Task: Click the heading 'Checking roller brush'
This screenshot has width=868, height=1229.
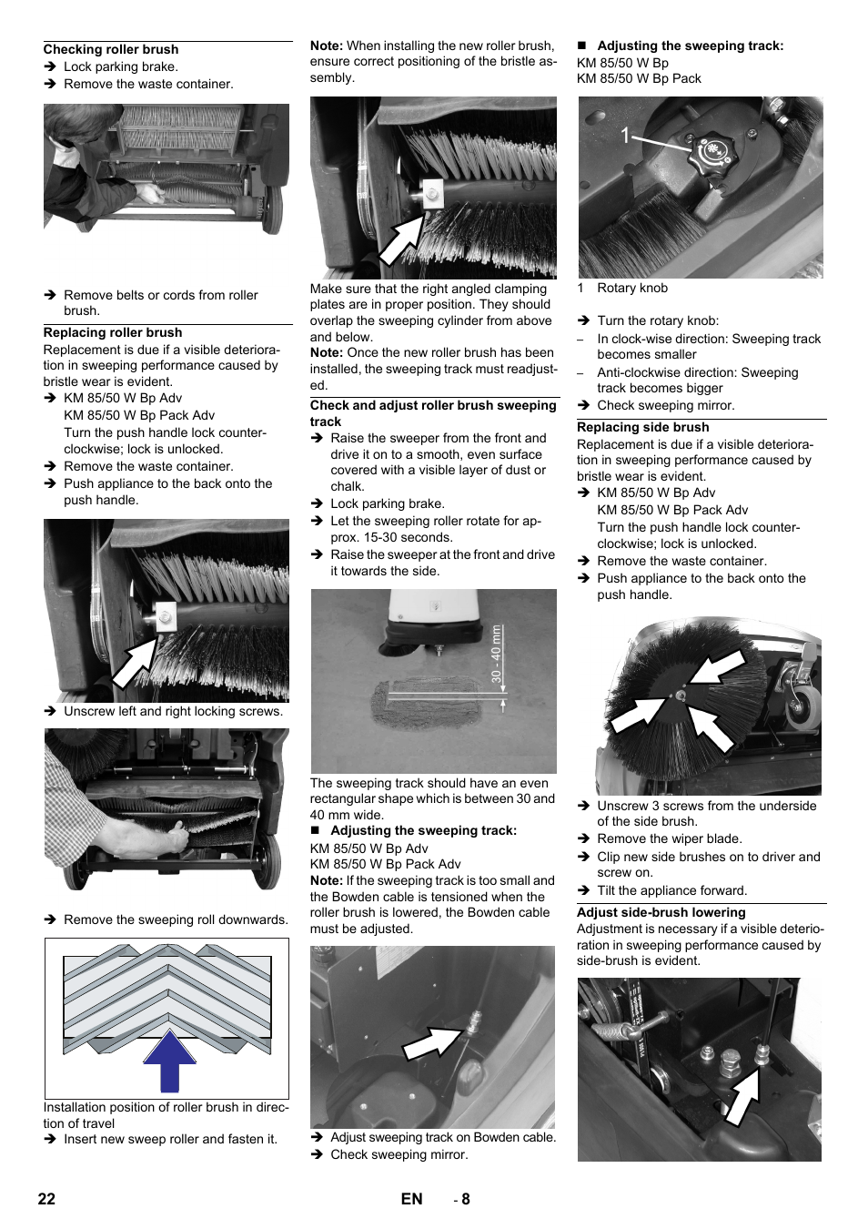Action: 110,49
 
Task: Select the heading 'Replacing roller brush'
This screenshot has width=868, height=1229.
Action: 112,332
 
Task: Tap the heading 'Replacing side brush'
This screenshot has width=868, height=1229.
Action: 642,427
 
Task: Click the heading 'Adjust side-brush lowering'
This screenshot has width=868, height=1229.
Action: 661,912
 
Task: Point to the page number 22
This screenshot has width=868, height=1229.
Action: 46,1199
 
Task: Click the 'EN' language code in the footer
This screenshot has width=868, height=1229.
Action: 411,1199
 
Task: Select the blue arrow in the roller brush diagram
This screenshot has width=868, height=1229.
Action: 169,1060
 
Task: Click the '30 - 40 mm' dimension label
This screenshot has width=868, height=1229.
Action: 496,654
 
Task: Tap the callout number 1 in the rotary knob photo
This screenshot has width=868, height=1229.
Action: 625,137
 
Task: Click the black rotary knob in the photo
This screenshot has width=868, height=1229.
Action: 712,150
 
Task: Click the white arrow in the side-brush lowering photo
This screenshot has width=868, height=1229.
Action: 742,1096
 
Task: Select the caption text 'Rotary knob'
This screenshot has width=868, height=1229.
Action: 631,288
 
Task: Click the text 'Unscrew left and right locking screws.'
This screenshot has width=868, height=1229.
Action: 173,711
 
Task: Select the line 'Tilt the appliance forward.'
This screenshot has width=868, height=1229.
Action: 671,890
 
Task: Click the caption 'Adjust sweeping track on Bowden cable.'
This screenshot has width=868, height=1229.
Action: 442,1137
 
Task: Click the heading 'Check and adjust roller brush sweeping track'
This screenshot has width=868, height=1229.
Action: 433,413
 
